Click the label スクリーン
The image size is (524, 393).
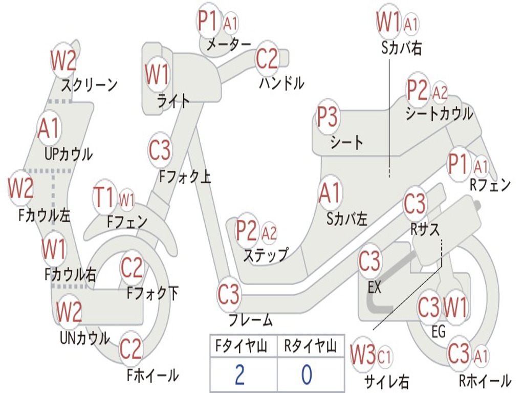89,84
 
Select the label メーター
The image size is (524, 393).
228,45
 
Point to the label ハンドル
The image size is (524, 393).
281,82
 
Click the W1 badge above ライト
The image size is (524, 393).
157,75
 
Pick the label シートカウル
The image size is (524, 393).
439,114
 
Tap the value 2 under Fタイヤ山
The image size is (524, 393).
239,375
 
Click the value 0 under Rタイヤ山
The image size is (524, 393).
306,375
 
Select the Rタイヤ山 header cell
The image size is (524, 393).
310,347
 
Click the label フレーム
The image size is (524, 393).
250,321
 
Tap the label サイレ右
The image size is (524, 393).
386,381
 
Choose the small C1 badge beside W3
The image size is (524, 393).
384,356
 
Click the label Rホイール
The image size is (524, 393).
485,381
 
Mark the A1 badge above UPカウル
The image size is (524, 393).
49,128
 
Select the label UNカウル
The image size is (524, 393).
84,338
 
